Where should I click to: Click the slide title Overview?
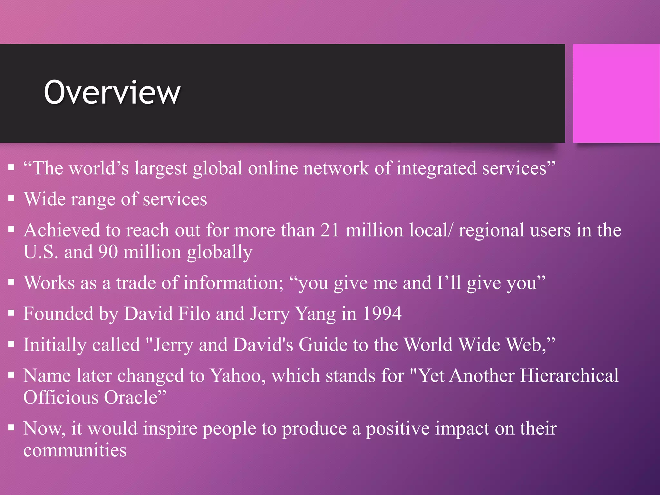tap(112, 92)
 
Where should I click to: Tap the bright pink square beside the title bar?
tap(616, 93)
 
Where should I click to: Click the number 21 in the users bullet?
tap(330, 230)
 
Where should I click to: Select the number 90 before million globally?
tap(108, 252)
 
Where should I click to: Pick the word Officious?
tap(61, 397)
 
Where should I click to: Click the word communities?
tap(75, 450)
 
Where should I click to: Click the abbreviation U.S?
tap(41, 252)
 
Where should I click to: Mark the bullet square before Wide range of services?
tap(12, 198)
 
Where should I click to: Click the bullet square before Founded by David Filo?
tap(12, 313)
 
